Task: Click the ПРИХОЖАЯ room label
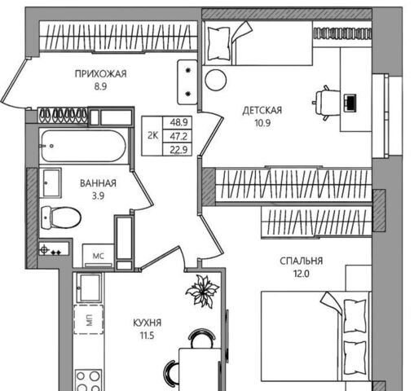click(100, 74)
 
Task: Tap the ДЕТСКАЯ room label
click(262, 111)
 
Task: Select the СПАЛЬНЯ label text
click(302, 261)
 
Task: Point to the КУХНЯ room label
click(147, 323)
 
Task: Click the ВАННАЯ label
click(98, 183)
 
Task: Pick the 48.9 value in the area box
click(178, 122)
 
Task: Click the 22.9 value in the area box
click(178, 149)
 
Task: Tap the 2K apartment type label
click(152, 135)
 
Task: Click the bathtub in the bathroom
click(83, 146)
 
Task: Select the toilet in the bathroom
click(61, 217)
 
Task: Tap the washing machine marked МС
click(98, 256)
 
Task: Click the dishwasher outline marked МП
click(89, 319)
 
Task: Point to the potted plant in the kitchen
click(202, 291)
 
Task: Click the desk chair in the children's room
click(327, 103)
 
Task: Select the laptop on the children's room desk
click(350, 103)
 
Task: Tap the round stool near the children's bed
click(216, 80)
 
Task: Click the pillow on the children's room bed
click(218, 43)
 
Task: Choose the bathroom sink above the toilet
click(51, 182)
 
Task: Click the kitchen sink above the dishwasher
click(89, 288)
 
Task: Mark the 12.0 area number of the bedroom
click(301, 274)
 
